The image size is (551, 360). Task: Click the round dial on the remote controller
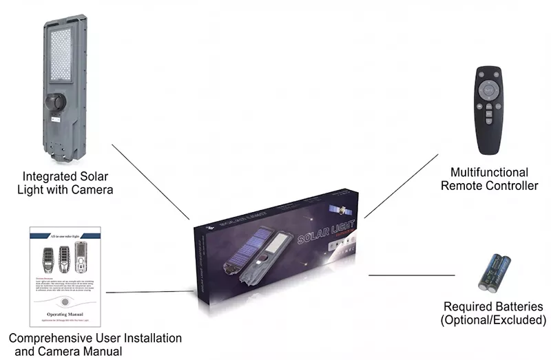(x=488, y=87)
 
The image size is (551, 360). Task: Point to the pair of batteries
(x=495, y=273)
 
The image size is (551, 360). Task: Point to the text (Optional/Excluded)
(x=493, y=320)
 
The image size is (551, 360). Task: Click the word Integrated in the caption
(x=49, y=176)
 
